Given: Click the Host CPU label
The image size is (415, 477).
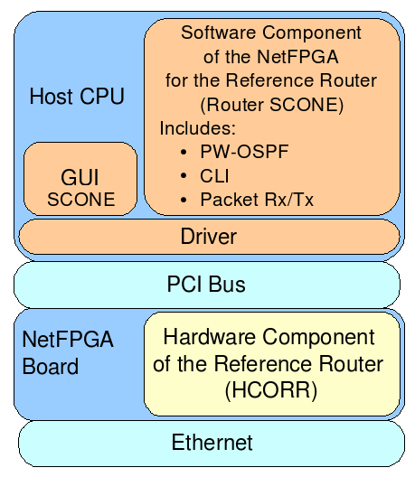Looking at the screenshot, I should point(77,96).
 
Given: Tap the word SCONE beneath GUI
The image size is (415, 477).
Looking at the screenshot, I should point(81,200).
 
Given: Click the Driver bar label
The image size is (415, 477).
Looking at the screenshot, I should point(208,237).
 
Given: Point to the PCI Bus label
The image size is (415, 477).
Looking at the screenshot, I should point(206,285).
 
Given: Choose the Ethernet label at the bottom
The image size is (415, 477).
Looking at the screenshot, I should point(212,443).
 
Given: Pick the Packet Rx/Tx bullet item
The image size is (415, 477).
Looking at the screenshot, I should point(257,200).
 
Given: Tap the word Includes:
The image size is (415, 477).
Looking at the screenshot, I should point(197,127).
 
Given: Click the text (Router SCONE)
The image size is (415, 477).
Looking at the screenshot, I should point(271,104).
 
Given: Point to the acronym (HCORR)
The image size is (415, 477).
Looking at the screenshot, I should point(269,390).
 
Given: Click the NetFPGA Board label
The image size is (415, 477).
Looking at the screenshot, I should point(68,353).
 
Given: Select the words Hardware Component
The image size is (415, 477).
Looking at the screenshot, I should point(269,338).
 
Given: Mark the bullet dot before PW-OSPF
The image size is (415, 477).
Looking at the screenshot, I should point(185,152).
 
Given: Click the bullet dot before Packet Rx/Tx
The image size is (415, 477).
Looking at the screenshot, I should point(185,200).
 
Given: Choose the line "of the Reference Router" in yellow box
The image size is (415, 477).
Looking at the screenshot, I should point(269,364).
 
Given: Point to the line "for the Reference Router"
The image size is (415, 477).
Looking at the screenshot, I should point(271,80).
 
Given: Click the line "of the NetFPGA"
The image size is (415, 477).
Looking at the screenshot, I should point(271,56).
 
